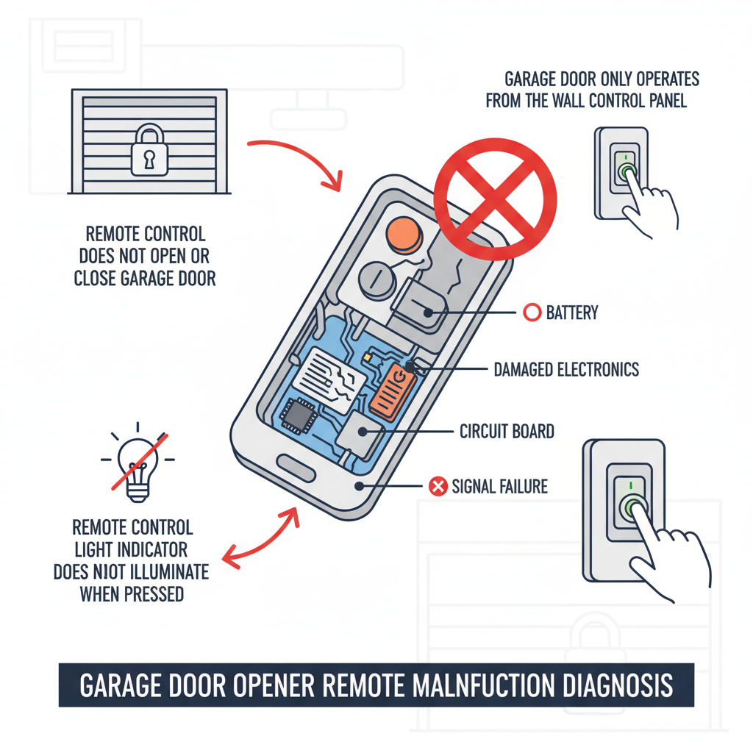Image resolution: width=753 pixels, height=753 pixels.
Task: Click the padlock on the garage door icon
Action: coord(149,150)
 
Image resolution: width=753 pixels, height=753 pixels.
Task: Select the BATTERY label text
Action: coord(571,313)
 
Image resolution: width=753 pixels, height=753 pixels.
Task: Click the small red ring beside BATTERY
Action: coord(531,313)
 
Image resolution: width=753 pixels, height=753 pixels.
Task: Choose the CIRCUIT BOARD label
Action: coord(506,430)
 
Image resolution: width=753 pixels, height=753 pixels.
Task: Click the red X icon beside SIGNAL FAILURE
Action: coord(438,486)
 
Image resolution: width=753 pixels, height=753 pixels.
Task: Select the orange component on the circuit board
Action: coord(396,388)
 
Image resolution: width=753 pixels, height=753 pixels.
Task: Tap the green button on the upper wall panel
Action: coord(626,171)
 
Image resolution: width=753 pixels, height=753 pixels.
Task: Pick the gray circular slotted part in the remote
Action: coord(377,279)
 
